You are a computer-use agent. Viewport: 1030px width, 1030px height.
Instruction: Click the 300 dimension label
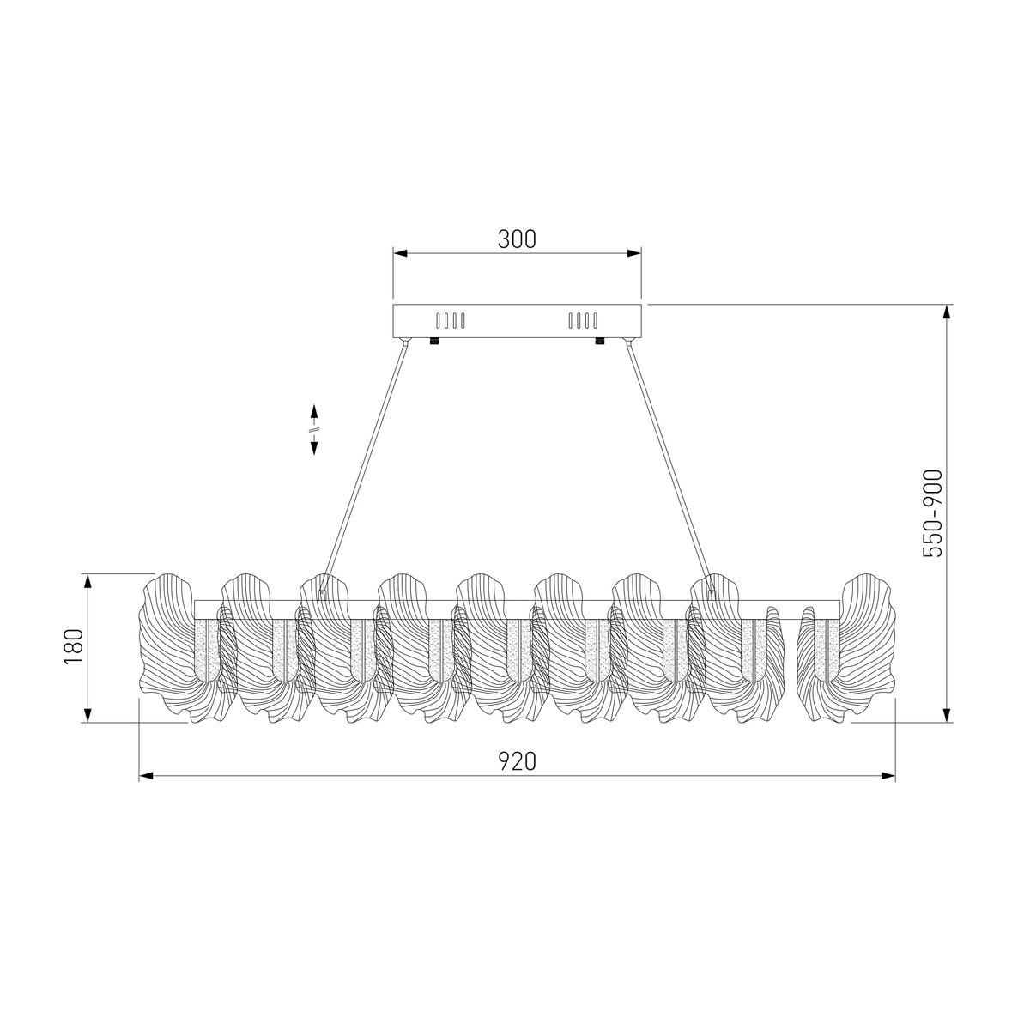(516, 239)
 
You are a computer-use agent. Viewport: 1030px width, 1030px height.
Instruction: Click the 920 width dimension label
(517, 761)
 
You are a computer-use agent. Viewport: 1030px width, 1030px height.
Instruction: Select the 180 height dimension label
(74, 647)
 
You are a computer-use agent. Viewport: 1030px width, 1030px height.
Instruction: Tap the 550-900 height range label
(933, 514)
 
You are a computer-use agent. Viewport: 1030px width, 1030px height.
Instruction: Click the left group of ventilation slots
(451, 321)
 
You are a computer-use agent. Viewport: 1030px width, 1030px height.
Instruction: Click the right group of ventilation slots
(583, 321)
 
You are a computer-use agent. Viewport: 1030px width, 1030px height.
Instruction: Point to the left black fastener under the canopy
(434, 341)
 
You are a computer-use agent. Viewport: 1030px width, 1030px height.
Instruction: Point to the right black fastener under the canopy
(600, 341)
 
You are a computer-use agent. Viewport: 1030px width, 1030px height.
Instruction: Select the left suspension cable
(364, 466)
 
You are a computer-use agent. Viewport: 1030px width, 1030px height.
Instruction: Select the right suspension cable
(670, 466)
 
